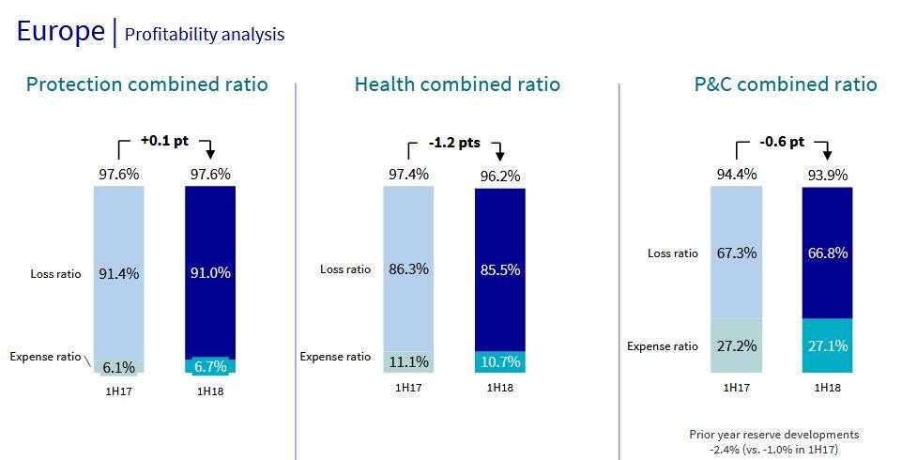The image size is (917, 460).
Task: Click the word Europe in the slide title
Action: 61,31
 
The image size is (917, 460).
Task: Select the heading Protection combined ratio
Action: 147,84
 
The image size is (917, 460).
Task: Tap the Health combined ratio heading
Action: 457,84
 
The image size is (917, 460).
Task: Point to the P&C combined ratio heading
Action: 785,84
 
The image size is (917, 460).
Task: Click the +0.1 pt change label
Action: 164,140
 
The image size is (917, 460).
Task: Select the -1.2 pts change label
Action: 454,143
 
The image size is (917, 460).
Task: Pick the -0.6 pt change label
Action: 782,142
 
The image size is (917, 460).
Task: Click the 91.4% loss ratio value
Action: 119,273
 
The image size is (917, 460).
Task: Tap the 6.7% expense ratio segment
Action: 210,366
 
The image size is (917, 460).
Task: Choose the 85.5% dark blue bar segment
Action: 500,269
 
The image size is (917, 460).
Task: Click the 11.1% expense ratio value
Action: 408,361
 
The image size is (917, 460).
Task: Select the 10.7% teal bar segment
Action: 500,361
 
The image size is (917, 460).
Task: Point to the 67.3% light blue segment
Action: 736,253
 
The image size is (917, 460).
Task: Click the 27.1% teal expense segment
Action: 828,345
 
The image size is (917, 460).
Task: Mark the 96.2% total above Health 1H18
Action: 500,175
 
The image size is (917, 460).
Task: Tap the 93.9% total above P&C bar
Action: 828,174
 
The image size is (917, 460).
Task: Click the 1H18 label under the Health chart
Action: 500,387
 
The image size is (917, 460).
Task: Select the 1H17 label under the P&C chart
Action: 736,387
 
